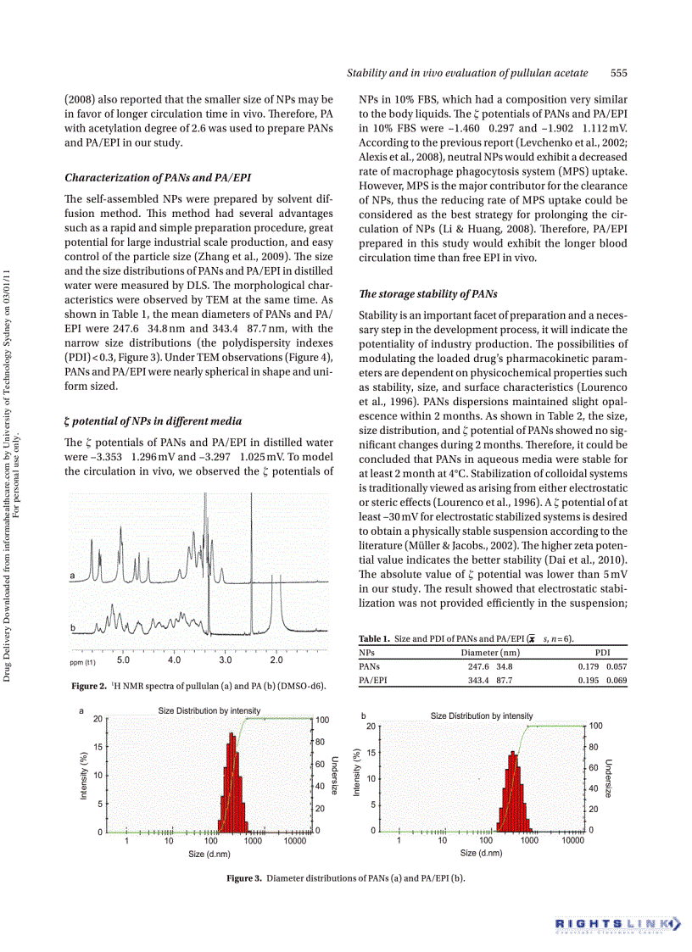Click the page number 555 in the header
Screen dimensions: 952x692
618,74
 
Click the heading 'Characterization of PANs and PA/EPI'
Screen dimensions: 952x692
157,177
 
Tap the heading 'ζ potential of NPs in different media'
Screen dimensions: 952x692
153,420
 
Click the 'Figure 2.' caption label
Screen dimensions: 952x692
89,685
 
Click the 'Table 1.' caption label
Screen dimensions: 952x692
374,638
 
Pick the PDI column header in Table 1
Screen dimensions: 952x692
603,653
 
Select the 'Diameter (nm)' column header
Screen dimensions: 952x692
490,653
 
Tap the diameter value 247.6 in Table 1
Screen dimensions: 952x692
481,666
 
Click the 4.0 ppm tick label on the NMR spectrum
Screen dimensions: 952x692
174,660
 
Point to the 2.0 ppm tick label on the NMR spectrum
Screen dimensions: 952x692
276,660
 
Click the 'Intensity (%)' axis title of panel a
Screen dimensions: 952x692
84,776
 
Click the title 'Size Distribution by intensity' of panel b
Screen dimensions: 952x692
482,716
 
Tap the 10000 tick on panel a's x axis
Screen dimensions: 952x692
294,842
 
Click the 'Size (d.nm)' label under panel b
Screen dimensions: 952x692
482,853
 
